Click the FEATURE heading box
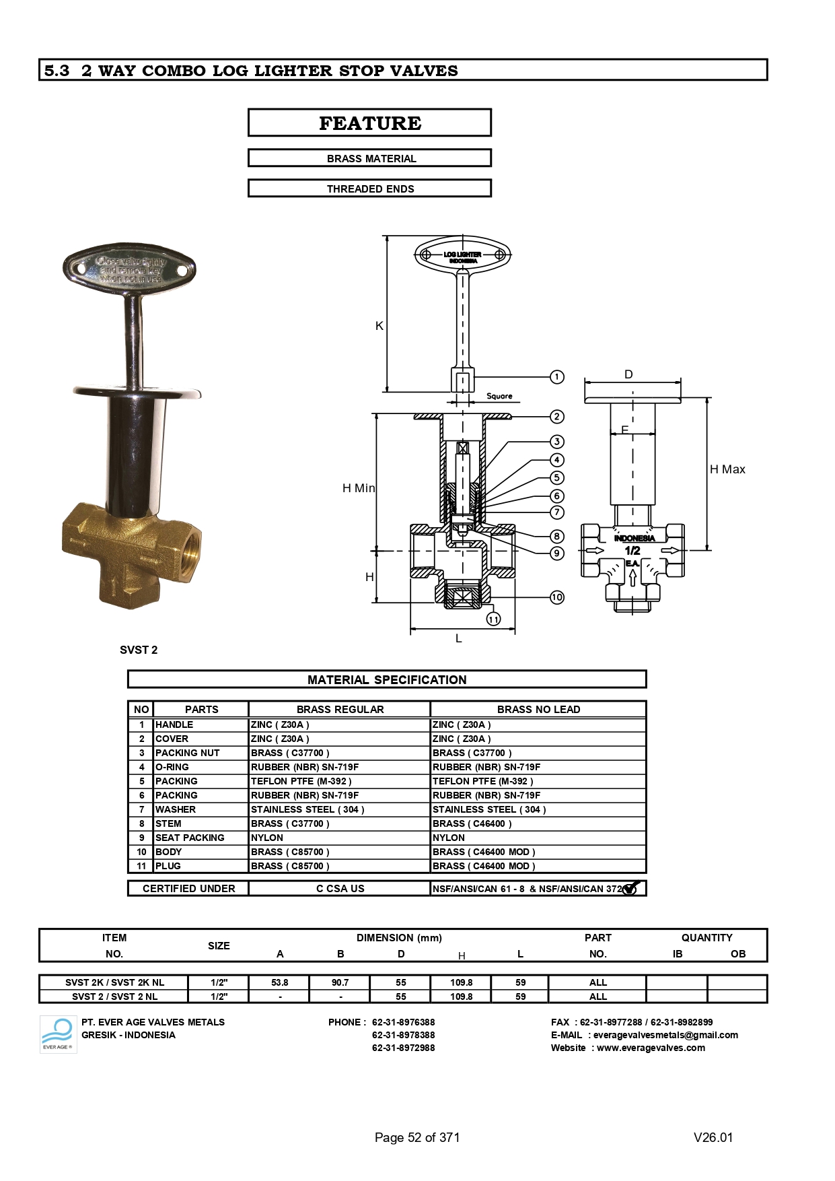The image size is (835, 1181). [369, 123]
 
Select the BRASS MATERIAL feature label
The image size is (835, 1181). [371, 159]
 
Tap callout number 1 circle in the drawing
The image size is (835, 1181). [557, 377]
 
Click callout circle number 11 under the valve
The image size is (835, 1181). [493, 619]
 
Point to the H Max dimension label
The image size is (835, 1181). [727, 469]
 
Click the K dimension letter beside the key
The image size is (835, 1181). [379, 326]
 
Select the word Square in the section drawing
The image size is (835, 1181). [499, 396]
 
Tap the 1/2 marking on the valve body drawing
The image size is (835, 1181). [632, 551]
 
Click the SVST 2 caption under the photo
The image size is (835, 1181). [139, 650]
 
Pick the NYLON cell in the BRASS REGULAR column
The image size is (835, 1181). [267, 838]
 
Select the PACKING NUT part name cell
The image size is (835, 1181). [188, 753]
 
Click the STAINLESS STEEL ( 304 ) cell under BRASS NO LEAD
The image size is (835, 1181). [489, 809]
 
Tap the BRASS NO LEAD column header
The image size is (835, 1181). [538, 709]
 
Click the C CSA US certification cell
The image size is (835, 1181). [340, 889]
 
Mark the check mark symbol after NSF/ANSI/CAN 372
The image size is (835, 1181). [630, 888]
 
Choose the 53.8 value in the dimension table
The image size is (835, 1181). [279, 982]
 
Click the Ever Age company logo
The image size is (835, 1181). [58, 1034]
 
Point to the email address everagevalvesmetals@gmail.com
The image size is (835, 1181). [665, 1035]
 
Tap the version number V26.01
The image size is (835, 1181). [713, 1137]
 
